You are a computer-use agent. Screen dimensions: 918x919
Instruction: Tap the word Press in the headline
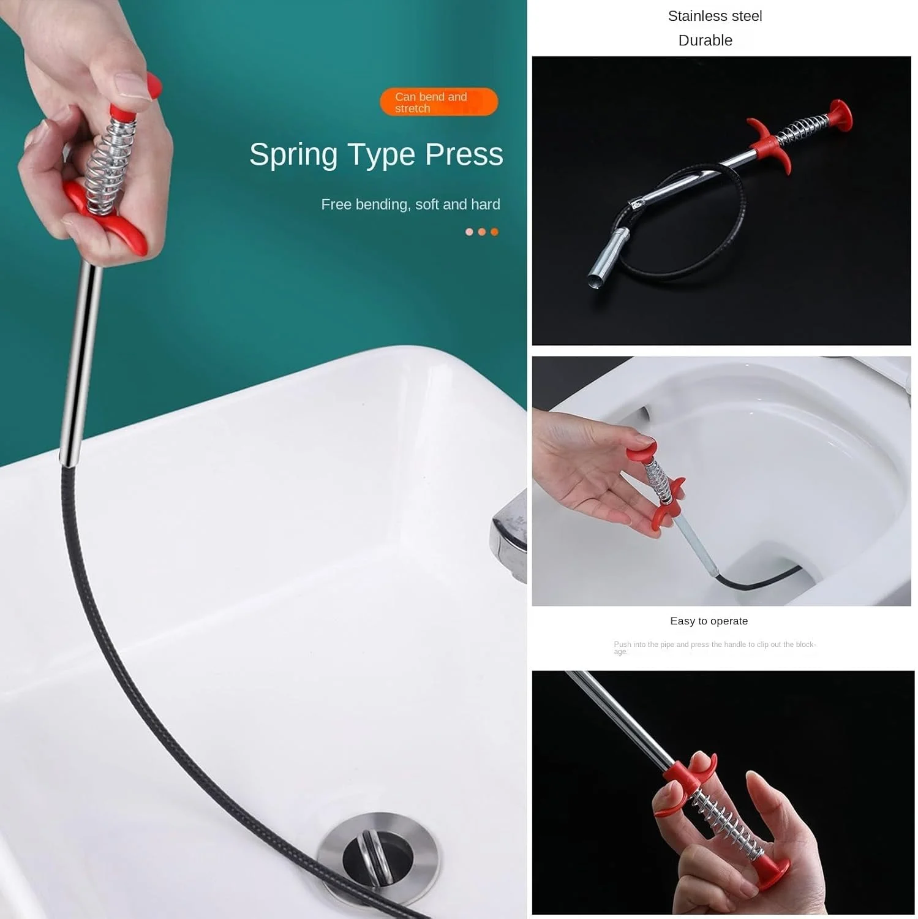[464, 154]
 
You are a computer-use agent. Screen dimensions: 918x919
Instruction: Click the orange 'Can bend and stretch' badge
[438, 102]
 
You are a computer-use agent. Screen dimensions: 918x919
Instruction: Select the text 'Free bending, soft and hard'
[410, 205]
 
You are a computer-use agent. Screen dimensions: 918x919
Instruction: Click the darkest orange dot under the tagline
[494, 232]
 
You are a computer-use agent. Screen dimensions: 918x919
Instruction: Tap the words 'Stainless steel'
[715, 16]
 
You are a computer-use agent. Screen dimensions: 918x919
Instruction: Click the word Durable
[705, 40]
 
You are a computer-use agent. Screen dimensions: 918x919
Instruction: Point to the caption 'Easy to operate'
[709, 621]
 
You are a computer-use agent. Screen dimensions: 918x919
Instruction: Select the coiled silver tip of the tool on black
[608, 258]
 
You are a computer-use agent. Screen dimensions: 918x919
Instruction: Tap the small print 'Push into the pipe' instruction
[715, 648]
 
